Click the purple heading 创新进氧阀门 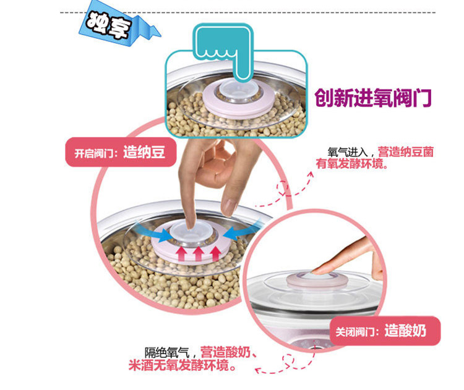click(x=372, y=98)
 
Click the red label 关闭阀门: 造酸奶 click(x=385, y=331)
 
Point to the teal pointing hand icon click(x=224, y=50)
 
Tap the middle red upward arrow click(x=198, y=253)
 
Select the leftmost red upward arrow click(x=181, y=253)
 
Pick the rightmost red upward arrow click(x=215, y=253)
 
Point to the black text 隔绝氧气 click(x=166, y=352)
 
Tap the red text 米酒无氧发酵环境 click(x=182, y=365)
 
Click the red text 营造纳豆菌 click(x=406, y=152)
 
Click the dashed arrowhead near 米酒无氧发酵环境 click(x=259, y=370)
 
